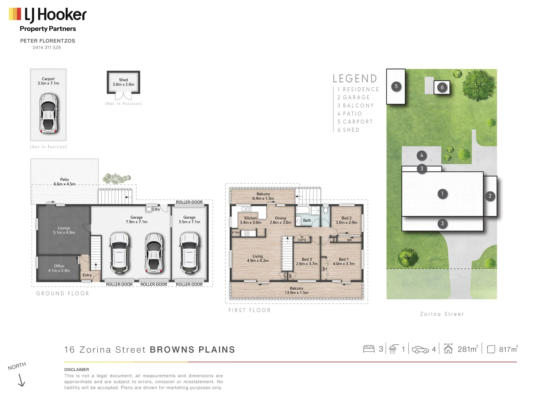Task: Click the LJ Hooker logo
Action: pyautogui.click(x=48, y=15)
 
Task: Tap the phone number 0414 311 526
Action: pyautogui.click(x=47, y=47)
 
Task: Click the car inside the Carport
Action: pyautogui.click(x=48, y=113)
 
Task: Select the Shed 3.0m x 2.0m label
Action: pyautogui.click(x=123, y=82)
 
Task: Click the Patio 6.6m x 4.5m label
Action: pyautogui.click(x=65, y=182)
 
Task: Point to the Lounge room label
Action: pyautogui.click(x=64, y=230)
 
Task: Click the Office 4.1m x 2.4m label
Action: pyautogui.click(x=59, y=268)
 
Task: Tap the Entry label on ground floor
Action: pyautogui.click(x=87, y=275)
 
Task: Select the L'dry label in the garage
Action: pyautogui.click(x=156, y=209)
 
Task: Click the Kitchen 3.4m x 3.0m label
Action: pyautogui.click(x=251, y=220)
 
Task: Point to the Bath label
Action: pyautogui.click(x=307, y=221)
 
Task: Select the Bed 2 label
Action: pyautogui.click(x=346, y=220)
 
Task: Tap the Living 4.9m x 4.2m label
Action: pyautogui.click(x=258, y=258)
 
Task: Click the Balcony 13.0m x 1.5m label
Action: pyautogui.click(x=296, y=290)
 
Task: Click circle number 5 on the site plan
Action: pyautogui.click(x=396, y=87)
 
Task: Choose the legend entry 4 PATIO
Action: pyautogui.click(x=350, y=114)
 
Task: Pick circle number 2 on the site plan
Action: pyautogui.click(x=490, y=196)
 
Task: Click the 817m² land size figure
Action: pyautogui.click(x=508, y=349)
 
